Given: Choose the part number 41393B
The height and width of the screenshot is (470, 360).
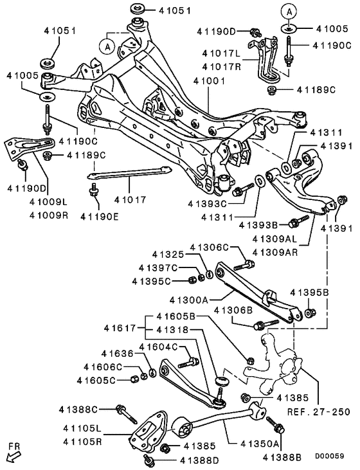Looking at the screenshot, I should point(258,225).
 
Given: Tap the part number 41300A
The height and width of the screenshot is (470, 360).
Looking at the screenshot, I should point(190,299).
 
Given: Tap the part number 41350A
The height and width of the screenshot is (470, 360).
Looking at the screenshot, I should point(260,444).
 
